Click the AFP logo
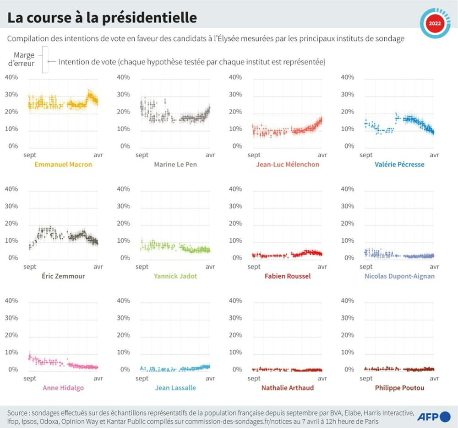click(433, 417)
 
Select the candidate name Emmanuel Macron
click(63, 164)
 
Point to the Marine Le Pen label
click(175, 164)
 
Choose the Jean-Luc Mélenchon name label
click(288, 164)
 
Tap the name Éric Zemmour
click(63, 276)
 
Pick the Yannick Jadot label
click(175, 276)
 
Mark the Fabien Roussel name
click(288, 276)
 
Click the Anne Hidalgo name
click(63, 388)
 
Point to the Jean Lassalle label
click(175, 388)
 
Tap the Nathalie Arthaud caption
click(288, 388)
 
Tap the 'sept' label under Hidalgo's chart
click(30, 379)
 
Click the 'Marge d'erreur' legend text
click(24, 59)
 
